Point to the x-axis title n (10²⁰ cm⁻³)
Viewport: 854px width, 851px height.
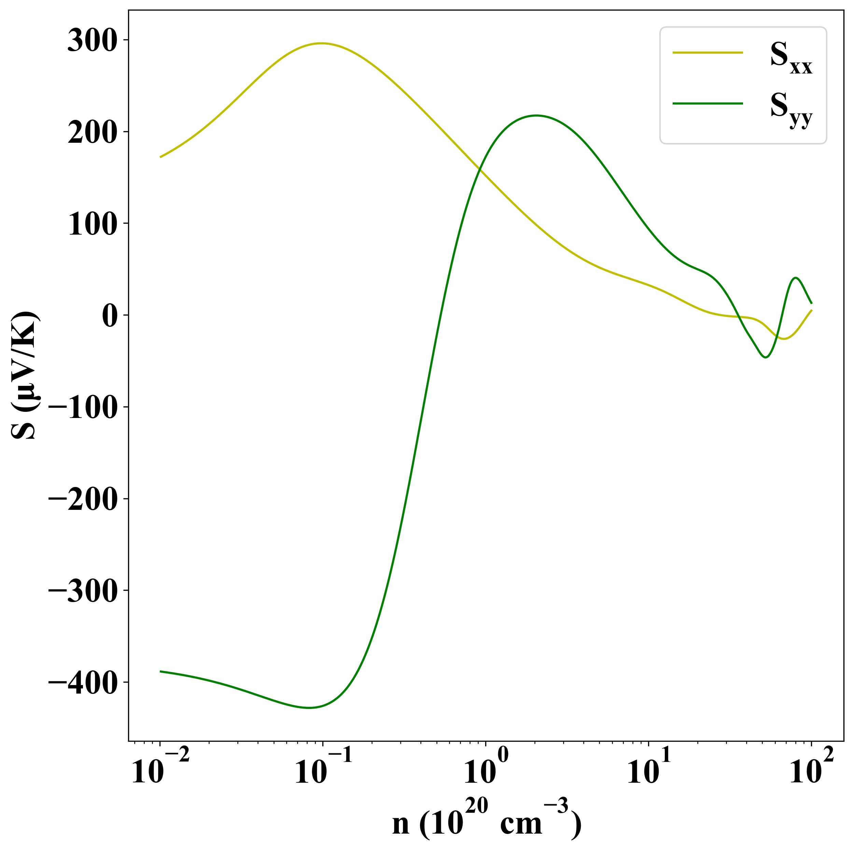(486, 822)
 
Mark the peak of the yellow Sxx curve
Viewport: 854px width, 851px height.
(322, 43)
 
